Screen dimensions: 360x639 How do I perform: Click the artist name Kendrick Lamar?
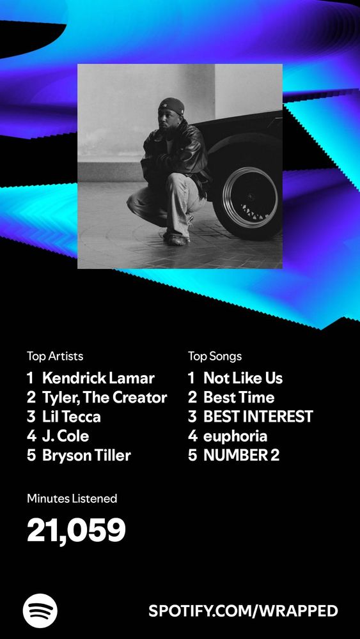pyautogui.click(x=98, y=378)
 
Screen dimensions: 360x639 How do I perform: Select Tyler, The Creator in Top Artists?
pyautogui.click(x=105, y=397)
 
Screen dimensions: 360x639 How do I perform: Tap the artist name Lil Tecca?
pyautogui.click(x=72, y=417)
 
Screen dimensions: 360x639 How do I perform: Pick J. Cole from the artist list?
pyautogui.click(x=65, y=436)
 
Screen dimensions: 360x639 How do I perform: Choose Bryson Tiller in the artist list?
pyautogui.click(x=86, y=456)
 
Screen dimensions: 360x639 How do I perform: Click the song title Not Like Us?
pyautogui.click(x=243, y=378)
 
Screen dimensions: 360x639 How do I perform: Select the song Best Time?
pyautogui.click(x=239, y=397)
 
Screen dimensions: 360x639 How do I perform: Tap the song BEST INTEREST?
pyautogui.click(x=258, y=417)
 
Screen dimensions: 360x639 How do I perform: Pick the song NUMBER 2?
pyautogui.click(x=242, y=456)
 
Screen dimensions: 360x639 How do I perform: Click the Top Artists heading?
pyautogui.click(x=55, y=357)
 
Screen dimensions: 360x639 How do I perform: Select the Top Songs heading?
pyautogui.click(x=215, y=357)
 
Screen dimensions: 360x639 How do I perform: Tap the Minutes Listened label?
pyautogui.click(x=72, y=498)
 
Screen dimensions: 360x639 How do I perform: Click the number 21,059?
pyautogui.click(x=76, y=530)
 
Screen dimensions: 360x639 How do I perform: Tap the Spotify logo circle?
pyautogui.click(x=40, y=610)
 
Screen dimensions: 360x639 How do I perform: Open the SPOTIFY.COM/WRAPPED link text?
pyautogui.click(x=244, y=611)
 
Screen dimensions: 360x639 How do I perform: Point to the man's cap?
pyautogui.click(x=171, y=105)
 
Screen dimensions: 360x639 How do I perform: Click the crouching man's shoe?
pyautogui.click(x=176, y=239)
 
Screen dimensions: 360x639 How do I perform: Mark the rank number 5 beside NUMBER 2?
pyautogui.click(x=192, y=456)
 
